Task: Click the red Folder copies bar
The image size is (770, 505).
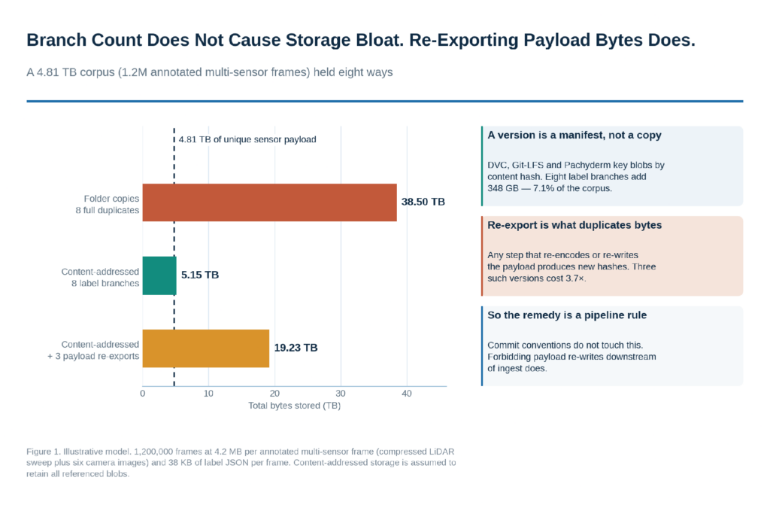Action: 270,202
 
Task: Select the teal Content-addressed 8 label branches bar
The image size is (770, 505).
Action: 159,275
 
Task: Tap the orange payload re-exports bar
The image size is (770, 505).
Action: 206,348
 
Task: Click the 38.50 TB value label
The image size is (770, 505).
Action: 423,202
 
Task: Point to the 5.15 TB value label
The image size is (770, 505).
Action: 200,275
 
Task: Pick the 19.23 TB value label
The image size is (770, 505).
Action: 296,348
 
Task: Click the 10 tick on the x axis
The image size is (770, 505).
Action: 209,394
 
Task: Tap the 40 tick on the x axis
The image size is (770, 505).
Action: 407,394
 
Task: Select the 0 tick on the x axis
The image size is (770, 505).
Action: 142,394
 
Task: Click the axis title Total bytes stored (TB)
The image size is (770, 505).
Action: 294,406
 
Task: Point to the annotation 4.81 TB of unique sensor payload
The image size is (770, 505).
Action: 247,140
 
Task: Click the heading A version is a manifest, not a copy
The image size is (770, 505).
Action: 574,135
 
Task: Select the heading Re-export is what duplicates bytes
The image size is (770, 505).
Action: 574,225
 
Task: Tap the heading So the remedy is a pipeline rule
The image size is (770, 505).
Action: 567,315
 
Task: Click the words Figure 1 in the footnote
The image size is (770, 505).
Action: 43,452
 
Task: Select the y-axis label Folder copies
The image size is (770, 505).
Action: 111,199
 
